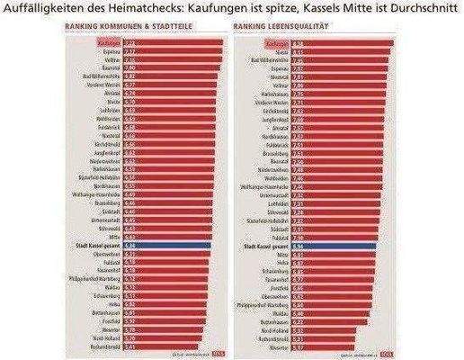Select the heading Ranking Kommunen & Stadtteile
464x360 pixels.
pyautogui.click(x=118, y=27)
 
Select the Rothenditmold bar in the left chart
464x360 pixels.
pyautogui.click(x=153, y=344)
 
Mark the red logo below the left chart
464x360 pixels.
pyautogui.click(x=202, y=353)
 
